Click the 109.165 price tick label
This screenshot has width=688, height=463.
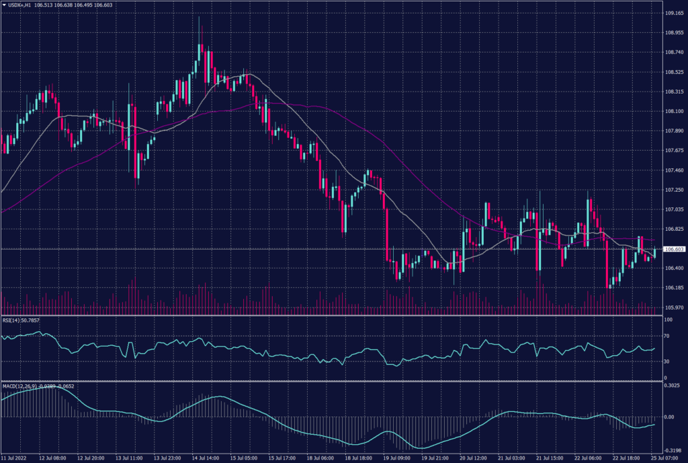674,13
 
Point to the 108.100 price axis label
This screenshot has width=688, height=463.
674,111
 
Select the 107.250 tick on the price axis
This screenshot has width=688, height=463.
674,190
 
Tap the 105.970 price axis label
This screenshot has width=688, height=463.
674,308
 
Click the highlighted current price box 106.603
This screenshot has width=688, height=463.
674,249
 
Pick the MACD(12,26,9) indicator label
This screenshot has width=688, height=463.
19,386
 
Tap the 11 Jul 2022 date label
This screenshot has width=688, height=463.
14,458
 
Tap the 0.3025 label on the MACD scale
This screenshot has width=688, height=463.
672,386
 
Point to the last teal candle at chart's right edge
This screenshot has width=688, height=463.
654,252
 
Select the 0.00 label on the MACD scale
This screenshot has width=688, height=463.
669,417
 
